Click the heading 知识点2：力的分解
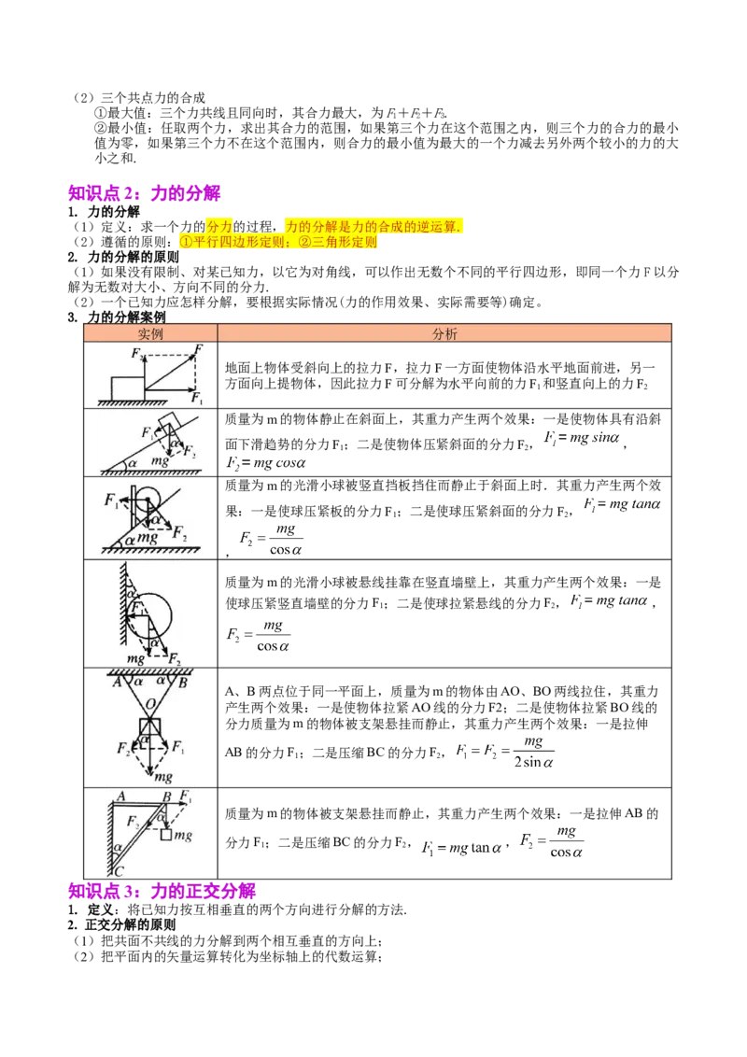pos(145,193)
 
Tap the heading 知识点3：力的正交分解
pos(162,891)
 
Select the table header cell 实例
pos(150,333)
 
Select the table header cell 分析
pos(444,333)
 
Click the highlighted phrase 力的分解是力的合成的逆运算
pos(373,227)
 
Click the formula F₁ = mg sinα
pos(581,438)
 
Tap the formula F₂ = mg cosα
pos(265,463)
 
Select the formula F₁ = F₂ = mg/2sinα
pos(505,752)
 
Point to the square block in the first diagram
pos(127,389)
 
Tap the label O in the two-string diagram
pos(150,704)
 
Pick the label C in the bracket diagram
pos(120,870)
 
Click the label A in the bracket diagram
pos(121,796)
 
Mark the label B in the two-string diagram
pos(183,683)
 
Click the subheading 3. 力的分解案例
pos(117,317)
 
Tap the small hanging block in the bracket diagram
pos(166,835)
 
